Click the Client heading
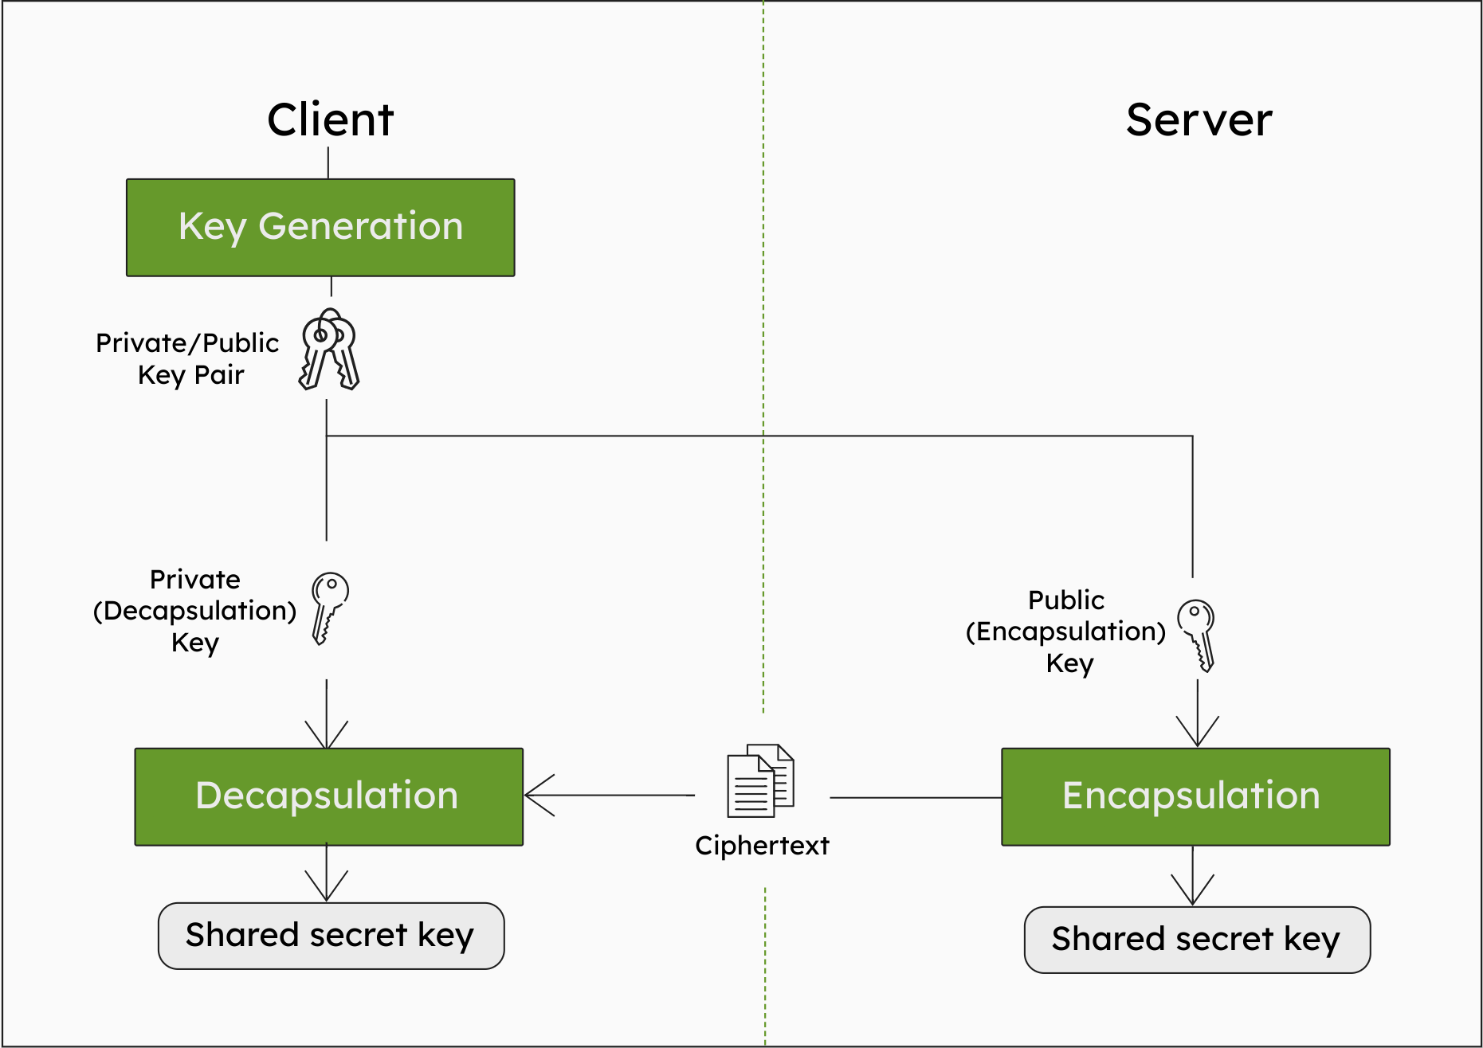pos(330,120)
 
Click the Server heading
pos(1199,120)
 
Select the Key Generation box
pos(320,228)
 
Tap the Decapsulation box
pos(328,796)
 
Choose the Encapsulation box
pos(1195,796)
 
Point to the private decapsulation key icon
pos(329,607)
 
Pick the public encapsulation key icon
pos(1197,635)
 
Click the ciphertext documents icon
pos(760,780)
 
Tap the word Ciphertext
pos(762,846)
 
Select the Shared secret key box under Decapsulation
pos(331,936)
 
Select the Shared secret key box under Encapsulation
pos(1197,940)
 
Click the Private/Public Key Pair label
pos(188,358)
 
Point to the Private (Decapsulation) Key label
pos(194,611)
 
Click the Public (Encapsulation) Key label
pos(1066,632)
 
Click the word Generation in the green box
pos(361,226)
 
